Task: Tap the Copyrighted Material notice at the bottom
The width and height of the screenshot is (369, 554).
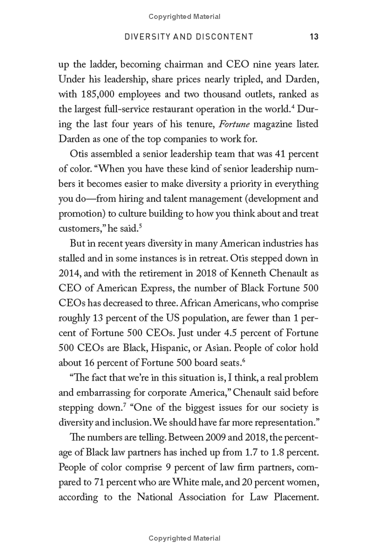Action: (x=184, y=538)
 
